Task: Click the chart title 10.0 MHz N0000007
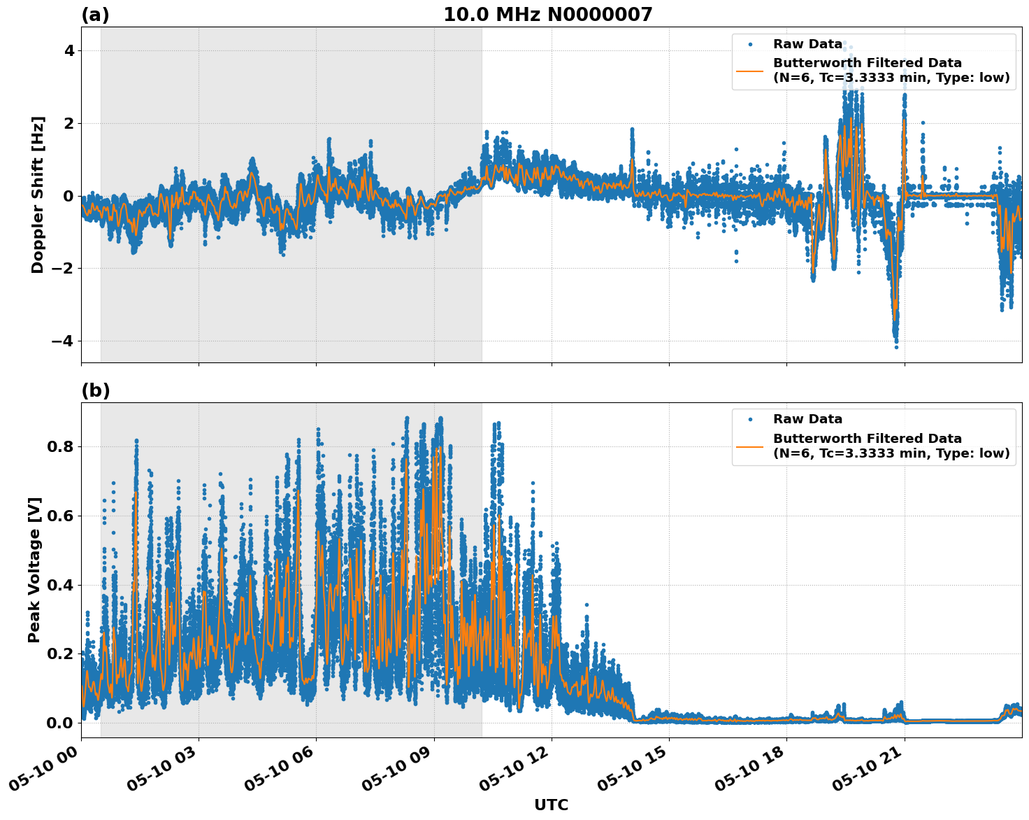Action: pyautogui.click(x=547, y=15)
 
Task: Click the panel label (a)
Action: pyautogui.click(x=95, y=15)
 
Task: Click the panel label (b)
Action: pyautogui.click(x=95, y=390)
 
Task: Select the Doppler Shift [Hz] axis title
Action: pyautogui.click(x=38, y=195)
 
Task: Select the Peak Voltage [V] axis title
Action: pyautogui.click(x=34, y=570)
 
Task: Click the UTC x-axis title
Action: pyautogui.click(x=551, y=805)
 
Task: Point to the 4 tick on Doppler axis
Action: pyautogui.click(x=69, y=51)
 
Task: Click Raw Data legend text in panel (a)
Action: pyautogui.click(x=807, y=44)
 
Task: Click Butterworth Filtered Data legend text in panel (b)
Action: pyautogui.click(x=867, y=439)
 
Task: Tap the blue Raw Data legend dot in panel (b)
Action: pyautogui.click(x=750, y=420)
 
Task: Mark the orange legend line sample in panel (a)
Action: pyautogui.click(x=750, y=71)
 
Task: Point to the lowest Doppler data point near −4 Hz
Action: pyautogui.click(x=896, y=347)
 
